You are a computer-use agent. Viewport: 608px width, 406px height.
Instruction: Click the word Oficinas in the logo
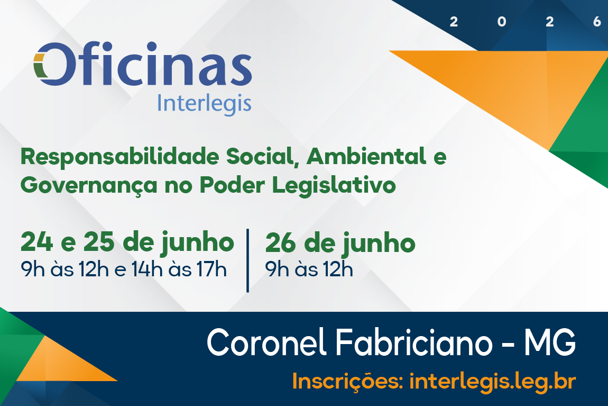coord(143,64)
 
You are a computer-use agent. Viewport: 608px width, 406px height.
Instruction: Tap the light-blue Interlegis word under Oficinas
coord(205,104)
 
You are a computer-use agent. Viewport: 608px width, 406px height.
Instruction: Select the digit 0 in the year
coord(501,22)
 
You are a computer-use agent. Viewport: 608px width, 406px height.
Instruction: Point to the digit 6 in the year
coord(597,22)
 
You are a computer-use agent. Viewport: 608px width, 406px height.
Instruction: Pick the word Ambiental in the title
coord(366,157)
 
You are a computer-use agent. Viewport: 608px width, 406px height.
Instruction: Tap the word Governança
coord(89,186)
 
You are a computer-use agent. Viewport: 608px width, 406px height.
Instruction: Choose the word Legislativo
coord(334,185)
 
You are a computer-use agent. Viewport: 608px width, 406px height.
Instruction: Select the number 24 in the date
coord(36,242)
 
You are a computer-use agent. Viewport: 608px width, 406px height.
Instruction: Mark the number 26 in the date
coord(281,243)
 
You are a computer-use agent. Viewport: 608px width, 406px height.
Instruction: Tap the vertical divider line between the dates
coord(248,260)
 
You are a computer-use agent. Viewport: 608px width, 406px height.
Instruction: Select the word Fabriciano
coord(414,342)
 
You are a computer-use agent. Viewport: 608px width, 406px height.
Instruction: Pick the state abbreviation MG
coord(550,342)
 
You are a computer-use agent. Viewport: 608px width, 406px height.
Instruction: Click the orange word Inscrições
coord(347,381)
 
